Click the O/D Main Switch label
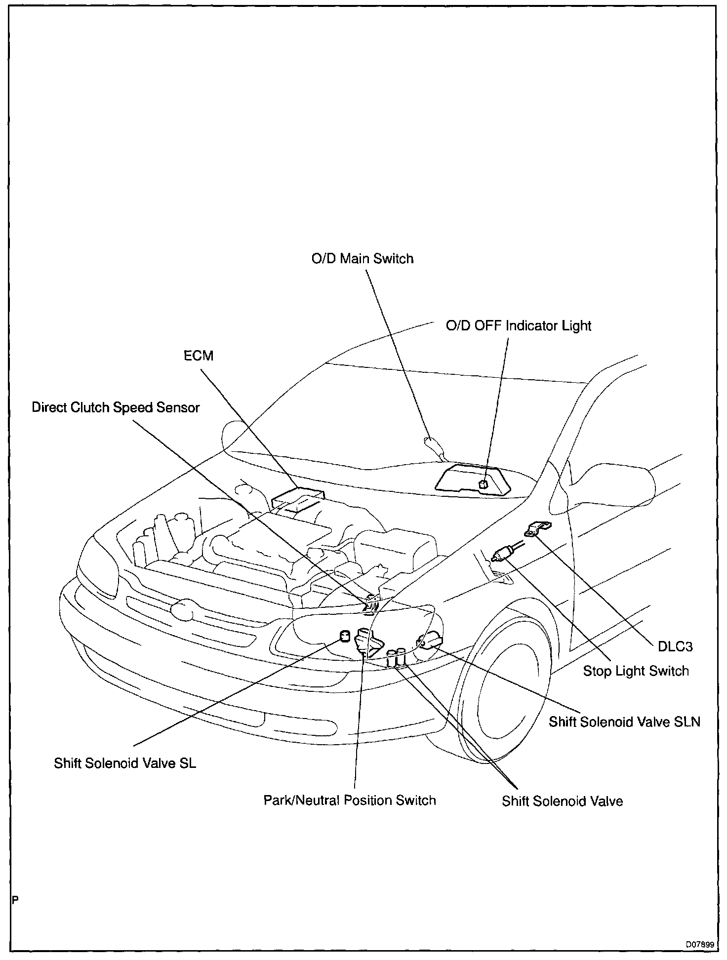(x=362, y=259)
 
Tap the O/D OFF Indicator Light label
(x=518, y=326)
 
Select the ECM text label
(x=199, y=356)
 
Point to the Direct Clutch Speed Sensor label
(x=116, y=407)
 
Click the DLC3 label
(x=675, y=646)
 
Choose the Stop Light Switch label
(x=636, y=671)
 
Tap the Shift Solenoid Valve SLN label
(x=624, y=721)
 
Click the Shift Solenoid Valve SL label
(x=125, y=763)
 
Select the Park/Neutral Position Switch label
(x=350, y=800)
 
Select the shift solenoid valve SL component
(x=344, y=636)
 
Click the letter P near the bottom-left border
(x=15, y=900)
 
